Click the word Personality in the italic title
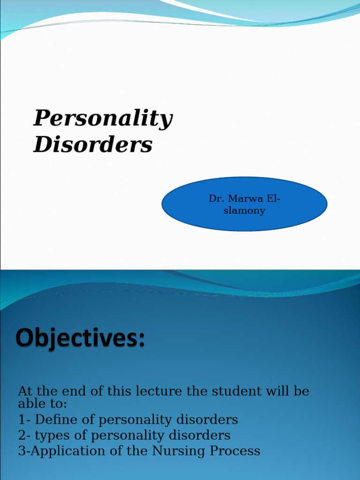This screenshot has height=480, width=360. coord(103,119)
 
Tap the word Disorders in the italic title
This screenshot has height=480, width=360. coord(93,145)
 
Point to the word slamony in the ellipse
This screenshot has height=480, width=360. coord(244,210)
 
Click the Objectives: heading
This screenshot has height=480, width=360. coord(80,338)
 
